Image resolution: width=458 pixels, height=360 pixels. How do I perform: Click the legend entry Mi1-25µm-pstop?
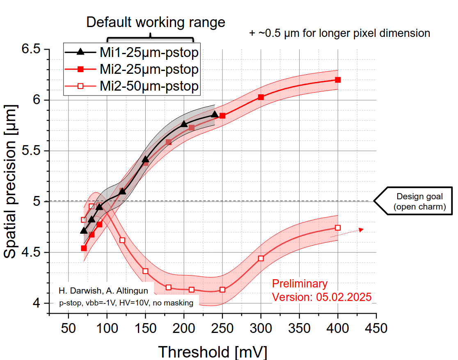point(132,52)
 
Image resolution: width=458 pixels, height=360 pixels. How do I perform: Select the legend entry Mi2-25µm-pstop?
point(132,69)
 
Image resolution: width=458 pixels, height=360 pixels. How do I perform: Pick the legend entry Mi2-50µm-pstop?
point(132,86)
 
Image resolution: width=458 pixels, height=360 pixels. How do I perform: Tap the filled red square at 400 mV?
point(338,80)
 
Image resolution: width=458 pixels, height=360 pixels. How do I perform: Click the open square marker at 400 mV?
point(338,228)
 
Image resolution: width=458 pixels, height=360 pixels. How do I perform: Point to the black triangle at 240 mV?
point(214,114)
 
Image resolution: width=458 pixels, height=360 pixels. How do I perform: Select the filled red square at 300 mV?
point(261,97)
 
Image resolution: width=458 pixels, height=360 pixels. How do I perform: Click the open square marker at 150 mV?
point(145,271)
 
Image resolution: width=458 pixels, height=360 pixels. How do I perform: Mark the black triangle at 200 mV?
point(184,124)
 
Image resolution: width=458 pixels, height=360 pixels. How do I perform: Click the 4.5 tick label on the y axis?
point(31,252)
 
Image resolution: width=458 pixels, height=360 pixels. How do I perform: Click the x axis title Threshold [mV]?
point(212,352)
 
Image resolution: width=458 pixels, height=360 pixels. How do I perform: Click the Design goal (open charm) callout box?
point(419,201)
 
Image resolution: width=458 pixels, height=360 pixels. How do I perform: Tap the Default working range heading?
point(156,22)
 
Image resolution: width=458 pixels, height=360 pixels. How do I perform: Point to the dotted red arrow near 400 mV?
point(347,232)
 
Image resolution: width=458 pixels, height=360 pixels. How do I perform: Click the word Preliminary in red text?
point(300,284)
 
